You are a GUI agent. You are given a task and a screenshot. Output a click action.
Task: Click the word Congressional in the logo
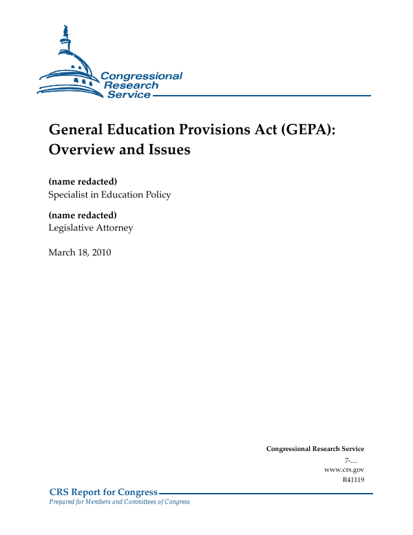tap(141, 76)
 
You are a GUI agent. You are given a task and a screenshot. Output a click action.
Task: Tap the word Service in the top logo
tap(129, 94)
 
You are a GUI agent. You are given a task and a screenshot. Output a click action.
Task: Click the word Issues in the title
tap(167, 149)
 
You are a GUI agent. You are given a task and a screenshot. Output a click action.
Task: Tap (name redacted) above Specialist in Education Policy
tap(83, 181)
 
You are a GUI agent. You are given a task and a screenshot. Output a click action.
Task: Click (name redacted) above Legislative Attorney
tap(83, 215)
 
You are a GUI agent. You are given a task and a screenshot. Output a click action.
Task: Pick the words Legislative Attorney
tap(91, 228)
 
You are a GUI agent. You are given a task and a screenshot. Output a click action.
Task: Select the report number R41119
tap(352, 479)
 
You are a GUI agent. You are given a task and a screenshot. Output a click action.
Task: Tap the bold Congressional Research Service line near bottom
tap(315, 449)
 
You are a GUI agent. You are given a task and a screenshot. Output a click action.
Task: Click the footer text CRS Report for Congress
tap(103, 492)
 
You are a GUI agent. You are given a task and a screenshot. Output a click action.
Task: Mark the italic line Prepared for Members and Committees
tap(119, 502)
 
